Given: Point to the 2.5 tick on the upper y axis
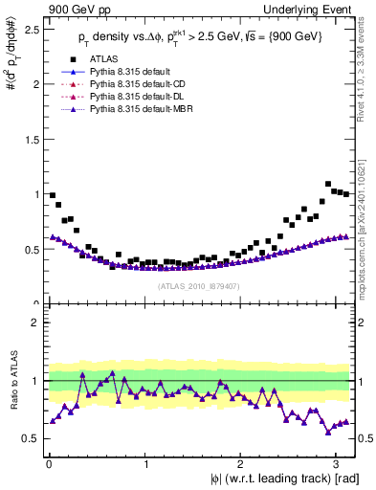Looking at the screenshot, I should (x=33, y=30).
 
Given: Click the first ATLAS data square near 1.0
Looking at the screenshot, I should (x=53, y=195).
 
